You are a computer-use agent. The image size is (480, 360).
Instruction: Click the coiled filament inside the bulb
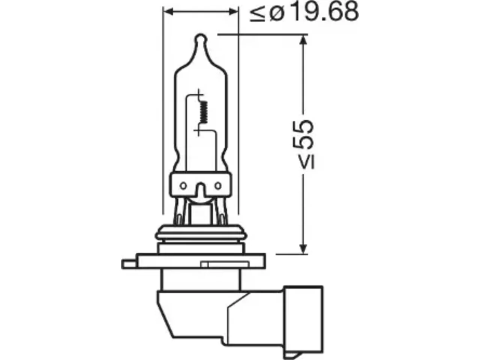204,112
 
